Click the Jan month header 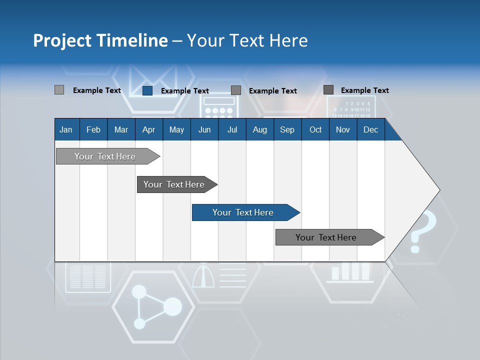click(x=66, y=129)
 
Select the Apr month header click(x=148, y=129)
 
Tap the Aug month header click(x=259, y=129)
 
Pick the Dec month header click(x=370, y=129)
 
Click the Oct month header click(x=315, y=129)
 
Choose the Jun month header click(x=204, y=129)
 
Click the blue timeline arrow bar click(x=243, y=212)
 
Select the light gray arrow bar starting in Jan click(x=105, y=156)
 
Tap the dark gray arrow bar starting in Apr click(x=174, y=184)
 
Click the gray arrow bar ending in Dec click(x=326, y=237)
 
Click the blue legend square click(x=147, y=90)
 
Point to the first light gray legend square click(x=59, y=90)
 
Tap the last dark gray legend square click(x=328, y=90)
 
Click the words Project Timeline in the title click(x=100, y=40)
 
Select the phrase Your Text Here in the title click(x=247, y=40)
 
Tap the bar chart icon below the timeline click(x=350, y=272)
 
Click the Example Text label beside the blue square click(x=184, y=91)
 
